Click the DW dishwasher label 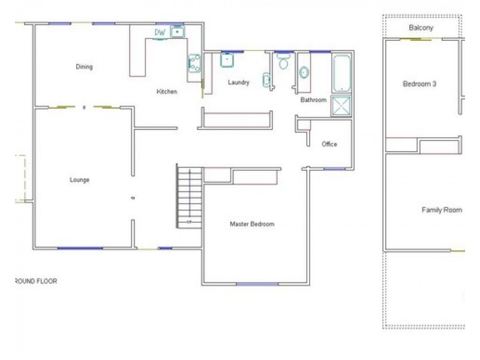coord(160,32)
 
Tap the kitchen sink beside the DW coord(178,32)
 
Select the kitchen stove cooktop coord(194,63)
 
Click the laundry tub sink coord(227,59)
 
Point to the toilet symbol coord(283,62)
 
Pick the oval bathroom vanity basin coord(304,73)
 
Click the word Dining coord(84,67)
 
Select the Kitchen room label coord(167,92)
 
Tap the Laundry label coord(238,83)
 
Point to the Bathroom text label coord(313,100)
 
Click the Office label coord(329,144)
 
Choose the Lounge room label coord(79,180)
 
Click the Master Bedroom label coord(252,224)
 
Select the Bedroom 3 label coord(419,84)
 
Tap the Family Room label coord(442,210)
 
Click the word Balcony coord(421,28)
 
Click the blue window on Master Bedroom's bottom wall coord(257,283)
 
